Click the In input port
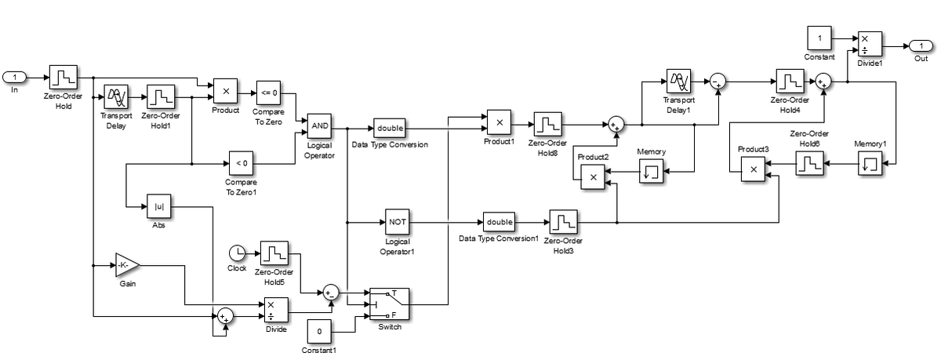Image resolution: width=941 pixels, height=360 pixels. click(x=16, y=77)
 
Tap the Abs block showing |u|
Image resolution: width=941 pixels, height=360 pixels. click(x=159, y=207)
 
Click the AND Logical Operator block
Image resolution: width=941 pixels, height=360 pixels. click(x=319, y=126)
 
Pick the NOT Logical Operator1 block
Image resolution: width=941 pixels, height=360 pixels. click(x=397, y=222)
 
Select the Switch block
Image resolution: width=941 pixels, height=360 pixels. click(x=390, y=304)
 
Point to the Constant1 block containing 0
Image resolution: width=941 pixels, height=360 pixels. click(x=319, y=332)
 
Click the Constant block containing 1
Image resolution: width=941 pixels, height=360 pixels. click(x=819, y=38)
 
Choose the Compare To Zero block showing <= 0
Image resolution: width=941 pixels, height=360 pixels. click(x=269, y=93)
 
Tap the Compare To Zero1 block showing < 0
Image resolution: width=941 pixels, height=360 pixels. click(x=241, y=163)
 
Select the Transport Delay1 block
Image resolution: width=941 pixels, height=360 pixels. click(x=678, y=82)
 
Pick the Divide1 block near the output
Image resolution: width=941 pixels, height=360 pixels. click(x=869, y=45)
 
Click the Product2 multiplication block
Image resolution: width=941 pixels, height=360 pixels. click(x=593, y=178)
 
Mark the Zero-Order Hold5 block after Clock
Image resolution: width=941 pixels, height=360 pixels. click(x=274, y=253)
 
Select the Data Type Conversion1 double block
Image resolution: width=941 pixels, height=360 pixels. click(x=499, y=222)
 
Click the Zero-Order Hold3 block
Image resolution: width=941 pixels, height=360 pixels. click(x=563, y=222)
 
